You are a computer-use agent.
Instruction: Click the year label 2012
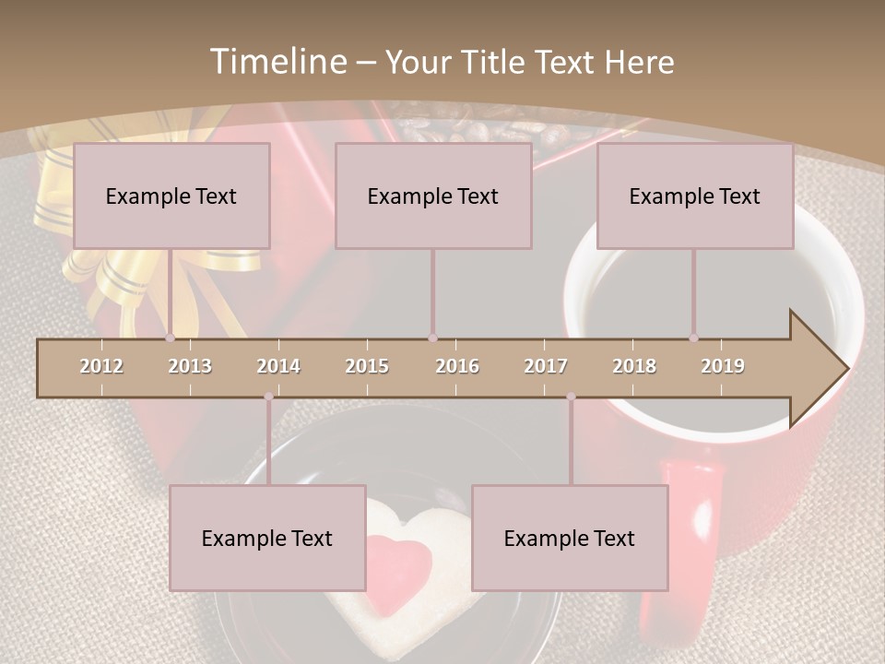coord(101,366)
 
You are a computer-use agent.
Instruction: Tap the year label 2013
coord(190,366)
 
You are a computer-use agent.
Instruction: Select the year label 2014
coord(278,366)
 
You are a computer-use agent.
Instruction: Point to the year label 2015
coord(367,366)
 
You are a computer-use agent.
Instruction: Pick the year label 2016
coord(457,366)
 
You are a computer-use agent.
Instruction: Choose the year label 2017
coord(546,366)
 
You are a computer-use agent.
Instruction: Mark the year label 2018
coord(634,366)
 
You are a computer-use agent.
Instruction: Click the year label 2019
coord(723,366)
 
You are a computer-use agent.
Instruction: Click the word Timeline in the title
coord(277,62)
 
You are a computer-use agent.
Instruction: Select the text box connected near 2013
coord(171,196)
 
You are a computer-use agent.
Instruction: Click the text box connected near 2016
coord(433,196)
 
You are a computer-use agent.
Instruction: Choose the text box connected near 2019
coord(695,196)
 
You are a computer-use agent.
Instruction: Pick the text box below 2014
coord(267,538)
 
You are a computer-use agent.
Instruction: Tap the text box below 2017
coord(570,538)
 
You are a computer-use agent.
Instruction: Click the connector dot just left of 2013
coord(170,338)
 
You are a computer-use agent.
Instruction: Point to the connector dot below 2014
coord(268,397)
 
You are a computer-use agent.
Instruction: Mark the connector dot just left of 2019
coord(693,338)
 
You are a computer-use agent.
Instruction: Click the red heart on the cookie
coord(400,562)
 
